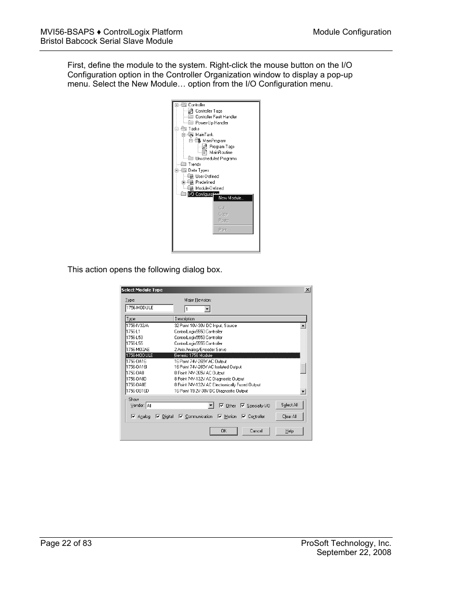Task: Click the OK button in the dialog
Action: click(223, 431)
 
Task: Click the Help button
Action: click(289, 431)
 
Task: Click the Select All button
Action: click(289, 405)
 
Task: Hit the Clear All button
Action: click(289, 417)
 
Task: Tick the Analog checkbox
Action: click(133, 417)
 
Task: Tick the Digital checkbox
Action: click(157, 417)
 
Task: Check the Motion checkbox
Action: click(220, 417)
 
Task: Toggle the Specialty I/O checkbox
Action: click(242, 405)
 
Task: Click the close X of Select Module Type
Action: click(307, 290)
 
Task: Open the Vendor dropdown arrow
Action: click(211, 405)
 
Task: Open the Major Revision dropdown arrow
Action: click(207, 309)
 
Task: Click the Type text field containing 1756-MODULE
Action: click(149, 308)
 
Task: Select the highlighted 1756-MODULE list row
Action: click(212, 355)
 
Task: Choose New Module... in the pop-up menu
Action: click(231, 198)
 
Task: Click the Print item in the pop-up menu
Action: click(223, 230)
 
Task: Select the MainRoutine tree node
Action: click(220, 152)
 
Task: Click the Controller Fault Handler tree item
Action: click(216, 117)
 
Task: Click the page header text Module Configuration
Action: click(352, 32)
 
